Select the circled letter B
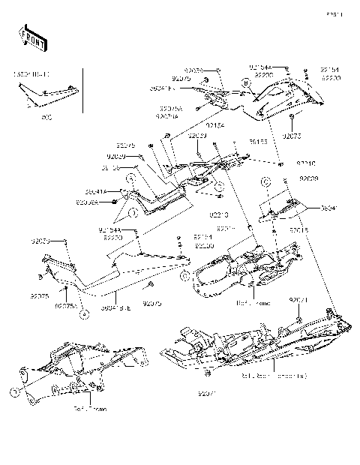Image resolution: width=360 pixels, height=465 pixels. (246, 80)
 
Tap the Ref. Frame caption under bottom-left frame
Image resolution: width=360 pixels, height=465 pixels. (90, 409)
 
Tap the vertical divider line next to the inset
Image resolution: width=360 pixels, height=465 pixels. (82, 94)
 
